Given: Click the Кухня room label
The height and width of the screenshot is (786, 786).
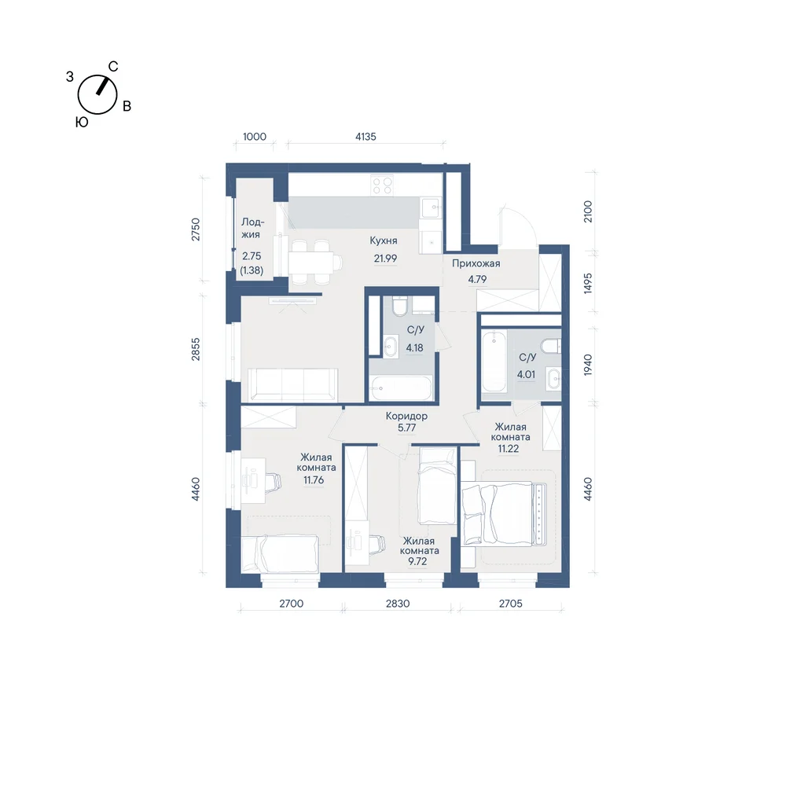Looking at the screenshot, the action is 383,241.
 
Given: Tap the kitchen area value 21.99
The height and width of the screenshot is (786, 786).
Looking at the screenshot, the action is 385,259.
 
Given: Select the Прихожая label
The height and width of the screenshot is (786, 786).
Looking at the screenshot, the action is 476,263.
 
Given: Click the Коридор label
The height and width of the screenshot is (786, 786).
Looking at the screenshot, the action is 406,416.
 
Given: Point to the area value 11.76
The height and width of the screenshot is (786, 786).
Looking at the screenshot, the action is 314,480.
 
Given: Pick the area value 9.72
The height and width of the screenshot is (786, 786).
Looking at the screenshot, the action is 417,561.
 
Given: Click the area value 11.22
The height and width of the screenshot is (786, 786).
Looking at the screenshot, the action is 509,449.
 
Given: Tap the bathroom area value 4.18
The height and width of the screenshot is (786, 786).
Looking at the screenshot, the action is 414,348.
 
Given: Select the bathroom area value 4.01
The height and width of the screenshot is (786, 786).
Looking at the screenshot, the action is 527,374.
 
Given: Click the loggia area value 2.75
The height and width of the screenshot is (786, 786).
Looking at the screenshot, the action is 252,256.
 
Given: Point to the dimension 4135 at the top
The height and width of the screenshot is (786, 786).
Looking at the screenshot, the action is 365,137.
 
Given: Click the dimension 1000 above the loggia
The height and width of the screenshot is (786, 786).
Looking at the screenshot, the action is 255,137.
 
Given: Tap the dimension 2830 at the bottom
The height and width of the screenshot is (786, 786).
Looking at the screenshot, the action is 398,604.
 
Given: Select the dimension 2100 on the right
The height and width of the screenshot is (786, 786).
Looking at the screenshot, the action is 588,211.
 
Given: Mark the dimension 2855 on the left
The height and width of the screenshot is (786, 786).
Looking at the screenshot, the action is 196,350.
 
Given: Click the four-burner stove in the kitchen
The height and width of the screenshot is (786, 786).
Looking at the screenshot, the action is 382,186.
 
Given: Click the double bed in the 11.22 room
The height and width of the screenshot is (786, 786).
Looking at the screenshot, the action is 504,512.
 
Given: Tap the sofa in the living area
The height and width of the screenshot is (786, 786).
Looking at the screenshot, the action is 293,384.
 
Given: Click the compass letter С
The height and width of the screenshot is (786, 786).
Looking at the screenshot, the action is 113,67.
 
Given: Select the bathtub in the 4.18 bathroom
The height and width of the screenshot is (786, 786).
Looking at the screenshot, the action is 402,388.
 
